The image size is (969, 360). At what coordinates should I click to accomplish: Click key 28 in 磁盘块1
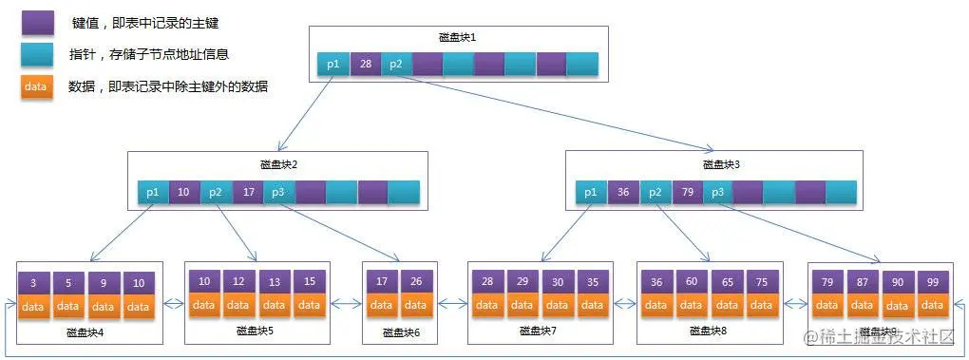pyautogui.click(x=365, y=64)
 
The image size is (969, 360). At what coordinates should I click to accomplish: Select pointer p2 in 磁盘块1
pyautogui.click(x=396, y=64)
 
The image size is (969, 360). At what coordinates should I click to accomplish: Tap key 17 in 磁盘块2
pyautogui.click(x=248, y=191)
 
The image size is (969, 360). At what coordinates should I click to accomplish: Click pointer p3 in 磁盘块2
pyautogui.click(x=278, y=191)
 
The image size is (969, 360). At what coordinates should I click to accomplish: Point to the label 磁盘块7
pyautogui.click(x=538, y=331)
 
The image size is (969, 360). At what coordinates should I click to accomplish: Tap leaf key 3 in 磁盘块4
pyautogui.click(x=33, y=283)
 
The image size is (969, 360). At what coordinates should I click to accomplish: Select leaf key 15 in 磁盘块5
pyautogui.click(x=310, y=281)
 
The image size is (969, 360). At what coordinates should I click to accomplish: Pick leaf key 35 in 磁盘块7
pyautogui.click(x=592, y=282)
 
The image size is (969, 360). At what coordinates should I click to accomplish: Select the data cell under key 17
pyautogui.click(x=382, y=305)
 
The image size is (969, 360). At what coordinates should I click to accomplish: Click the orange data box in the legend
pyautogui.click(x=37, y=86)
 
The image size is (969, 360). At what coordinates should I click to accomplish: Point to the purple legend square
pyautogui.click(x=37, y=22)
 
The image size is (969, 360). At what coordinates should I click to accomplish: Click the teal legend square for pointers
pyautogui.click(x=37, y=54)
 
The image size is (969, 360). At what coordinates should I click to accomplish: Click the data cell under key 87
pyautogui.click(x=863, y=305)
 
